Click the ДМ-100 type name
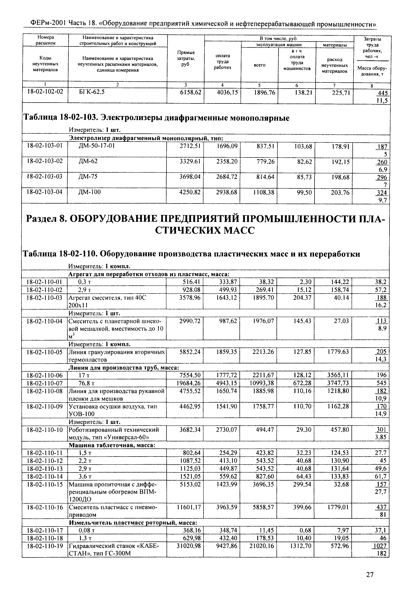coord(89,192)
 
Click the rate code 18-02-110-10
coord(45,430)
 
